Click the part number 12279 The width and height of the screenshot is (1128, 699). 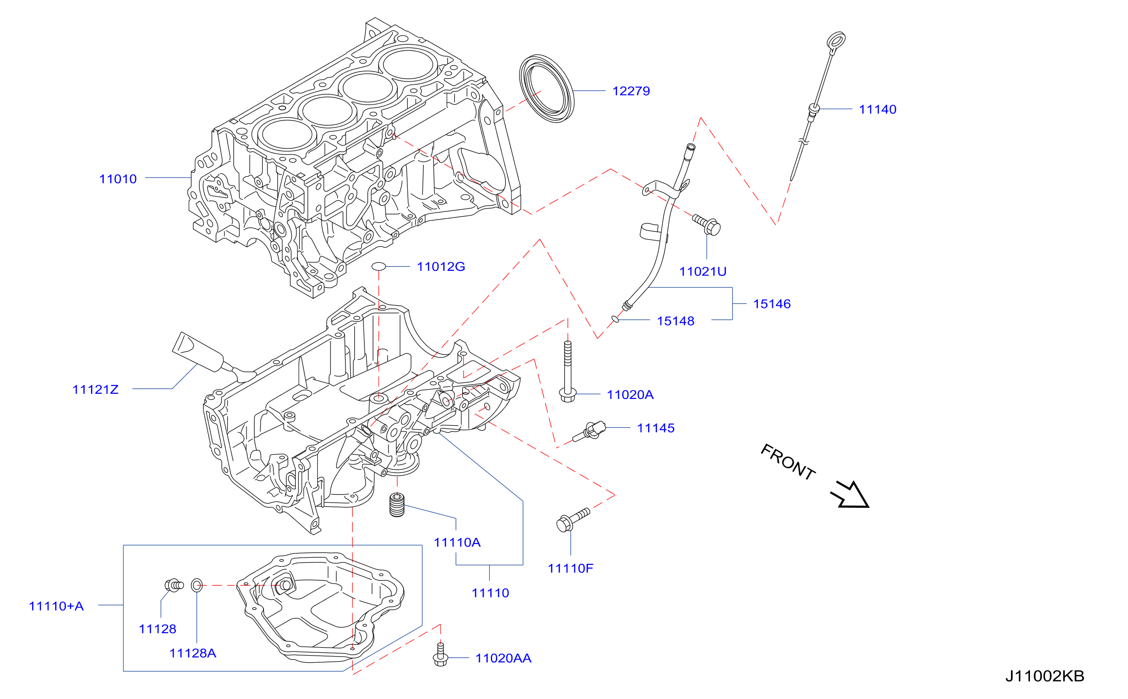point(631,91)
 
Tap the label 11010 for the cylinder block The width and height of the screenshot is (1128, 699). point(118,179)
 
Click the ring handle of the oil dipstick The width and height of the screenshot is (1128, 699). point(836,41)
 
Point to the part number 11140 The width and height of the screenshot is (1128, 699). point(878,109)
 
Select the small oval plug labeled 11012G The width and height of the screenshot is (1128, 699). point(379,267)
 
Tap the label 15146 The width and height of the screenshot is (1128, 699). point(772,304)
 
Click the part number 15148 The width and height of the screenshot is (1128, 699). point(675,321)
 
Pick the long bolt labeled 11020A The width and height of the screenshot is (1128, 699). point(568,371)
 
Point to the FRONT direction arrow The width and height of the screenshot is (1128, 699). point(850,495)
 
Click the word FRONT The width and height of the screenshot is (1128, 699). point(788,462)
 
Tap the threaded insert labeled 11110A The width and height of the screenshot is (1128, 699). point(397,504)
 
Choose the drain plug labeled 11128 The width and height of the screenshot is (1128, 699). point(174,585)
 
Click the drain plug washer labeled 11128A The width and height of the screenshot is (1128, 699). point(197,585)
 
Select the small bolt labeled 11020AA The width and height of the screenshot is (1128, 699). point(440,655)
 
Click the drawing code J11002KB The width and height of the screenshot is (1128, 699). point(1045,676)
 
